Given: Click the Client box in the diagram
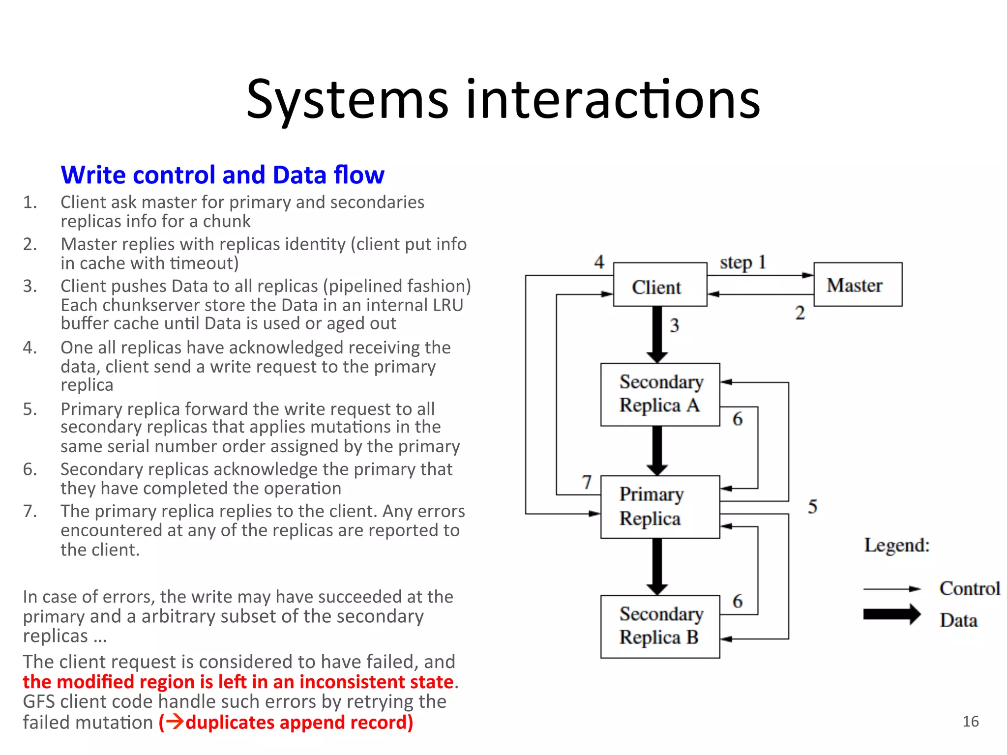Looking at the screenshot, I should (x=660, y=285).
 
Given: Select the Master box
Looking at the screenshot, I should (x=858, y=285).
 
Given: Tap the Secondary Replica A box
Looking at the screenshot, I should (x=660, y=394).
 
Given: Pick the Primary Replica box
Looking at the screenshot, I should (x=660, y=507).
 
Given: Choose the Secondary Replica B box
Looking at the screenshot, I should (x=660, y=626).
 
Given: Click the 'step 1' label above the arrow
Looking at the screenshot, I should (x=742, y=262).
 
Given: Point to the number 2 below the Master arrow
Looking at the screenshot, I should (x=800, y=313).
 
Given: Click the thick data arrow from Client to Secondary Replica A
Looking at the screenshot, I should (x=657, y=335).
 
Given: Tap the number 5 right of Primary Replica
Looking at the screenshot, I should (x=812, y=506).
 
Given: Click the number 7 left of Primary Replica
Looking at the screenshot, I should (x=587, y=482).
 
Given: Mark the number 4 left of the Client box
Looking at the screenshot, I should (x=599, y=261).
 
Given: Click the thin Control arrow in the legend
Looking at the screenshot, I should (x=891, y=589).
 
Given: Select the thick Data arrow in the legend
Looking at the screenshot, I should (x=891, y=614).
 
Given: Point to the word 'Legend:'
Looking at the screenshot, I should (x=897, y=545).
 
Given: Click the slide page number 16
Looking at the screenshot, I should (x=970, y=722).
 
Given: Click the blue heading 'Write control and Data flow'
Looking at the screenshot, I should (x=222, y=175).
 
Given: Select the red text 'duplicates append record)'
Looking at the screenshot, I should (x=299, y=722).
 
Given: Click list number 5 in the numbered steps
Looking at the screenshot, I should (x=30, y=409).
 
